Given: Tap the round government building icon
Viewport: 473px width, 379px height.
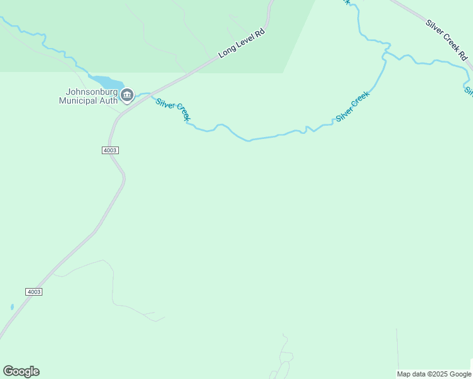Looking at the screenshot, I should (127, 95).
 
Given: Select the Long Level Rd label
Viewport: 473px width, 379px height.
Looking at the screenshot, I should (241, 43).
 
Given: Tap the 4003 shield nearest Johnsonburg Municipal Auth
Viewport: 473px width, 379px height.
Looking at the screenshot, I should (109, 150).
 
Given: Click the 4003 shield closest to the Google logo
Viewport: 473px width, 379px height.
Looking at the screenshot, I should (34, 291).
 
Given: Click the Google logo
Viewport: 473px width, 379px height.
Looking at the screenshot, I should (21, 371).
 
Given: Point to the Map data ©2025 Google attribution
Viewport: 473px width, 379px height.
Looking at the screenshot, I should (434, 374).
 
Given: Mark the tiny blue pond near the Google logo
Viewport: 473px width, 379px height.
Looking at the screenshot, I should (12, 307).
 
